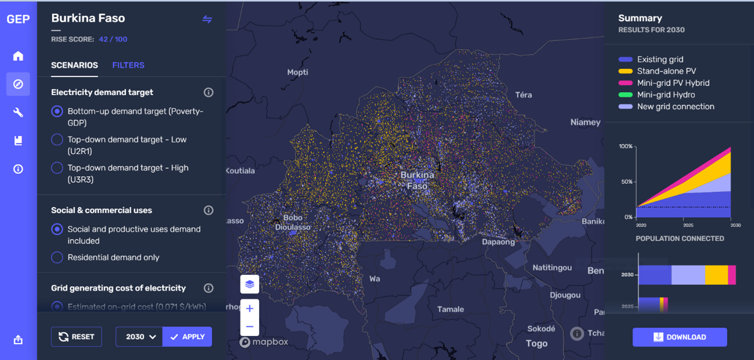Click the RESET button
click(x=77, y=337)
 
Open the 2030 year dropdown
click(x=140, y=337)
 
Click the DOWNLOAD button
click(x=680, y=337)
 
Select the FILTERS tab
click(x=128, y=65)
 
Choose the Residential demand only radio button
click(x=57, y=257)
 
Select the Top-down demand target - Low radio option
click(x=57, y=140)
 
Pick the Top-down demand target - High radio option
click(x=57, y=168)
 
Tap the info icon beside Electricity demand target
click(x=208, y=92)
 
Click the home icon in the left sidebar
click(x=18, y=56)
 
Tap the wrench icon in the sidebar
click(x=18, y=112)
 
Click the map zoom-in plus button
click(x=250, y=309)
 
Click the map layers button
click(x=250, y=284)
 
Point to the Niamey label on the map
click(x=585, y=122)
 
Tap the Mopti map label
click(x=298, y=72)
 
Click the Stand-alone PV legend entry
click(x=666, y=71)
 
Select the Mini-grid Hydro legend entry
click(x=666, y=95)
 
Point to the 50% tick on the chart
click(x=625, y=182)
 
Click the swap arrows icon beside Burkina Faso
click(x=207, y=19)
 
